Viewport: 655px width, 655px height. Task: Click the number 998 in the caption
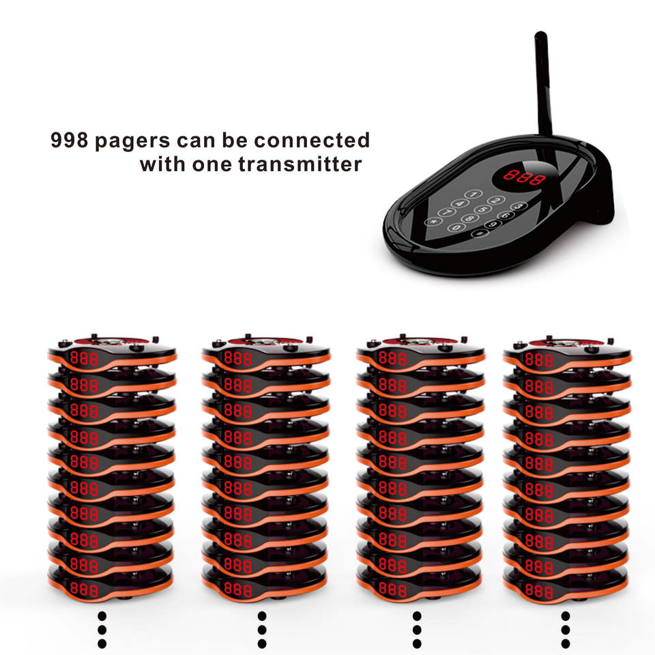point(70,141)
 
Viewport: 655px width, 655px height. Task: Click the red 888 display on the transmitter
point(524,178)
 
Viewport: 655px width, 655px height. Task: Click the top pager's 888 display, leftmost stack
point(84,358)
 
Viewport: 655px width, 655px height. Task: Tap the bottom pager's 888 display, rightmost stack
point(539,590)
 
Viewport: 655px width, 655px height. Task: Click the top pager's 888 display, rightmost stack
point(539,360)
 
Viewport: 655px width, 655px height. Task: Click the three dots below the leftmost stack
point(102,628)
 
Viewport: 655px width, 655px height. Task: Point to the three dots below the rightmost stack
point(566,628)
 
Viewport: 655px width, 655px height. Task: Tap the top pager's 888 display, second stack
point(238,358)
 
